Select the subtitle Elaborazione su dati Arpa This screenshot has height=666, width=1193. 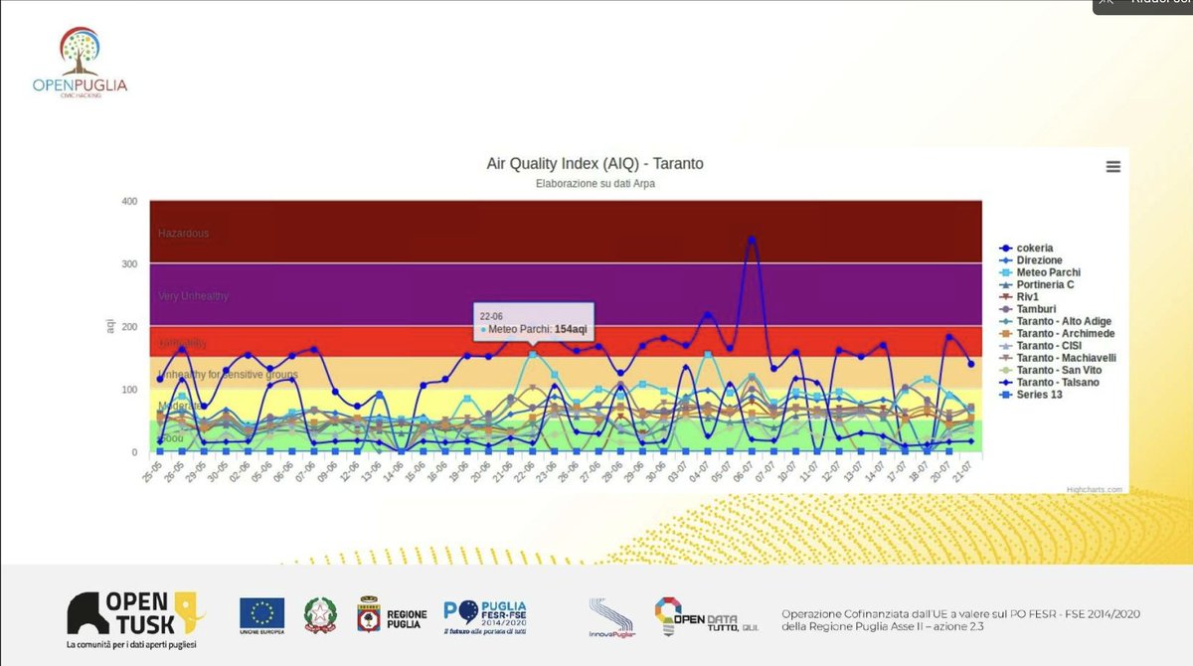click(x=595, y=183)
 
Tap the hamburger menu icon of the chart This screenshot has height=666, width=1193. click(x=1112, y=167)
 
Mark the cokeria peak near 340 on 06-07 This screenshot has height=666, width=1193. click(x=752, y=239)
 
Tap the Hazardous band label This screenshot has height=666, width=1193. click(x=184, y=233)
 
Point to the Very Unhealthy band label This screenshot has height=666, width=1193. click(x=194, y=296)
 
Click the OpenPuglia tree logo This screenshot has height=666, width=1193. click(x=81, y=51)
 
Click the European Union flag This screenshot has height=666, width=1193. click(x=261, y=612)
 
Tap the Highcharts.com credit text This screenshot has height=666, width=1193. click(x=1097, y=489)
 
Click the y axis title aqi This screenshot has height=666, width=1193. click(x=110, y=326)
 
